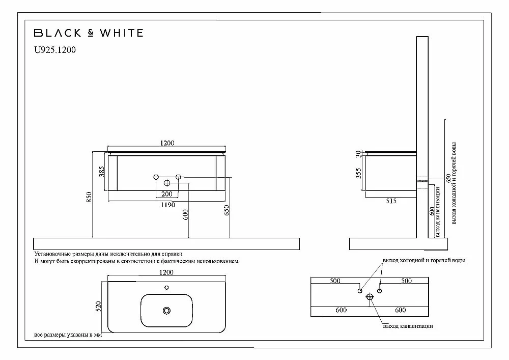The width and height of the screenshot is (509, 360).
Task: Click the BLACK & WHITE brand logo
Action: (89, 33)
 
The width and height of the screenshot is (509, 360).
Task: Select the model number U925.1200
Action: (55, 50)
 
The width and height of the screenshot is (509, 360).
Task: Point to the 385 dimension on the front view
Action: (102, 172)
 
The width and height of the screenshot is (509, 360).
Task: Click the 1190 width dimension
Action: (168, 205)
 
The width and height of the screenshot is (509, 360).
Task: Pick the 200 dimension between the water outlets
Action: (167, 194)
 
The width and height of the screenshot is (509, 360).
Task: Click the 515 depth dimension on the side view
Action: (391, 201)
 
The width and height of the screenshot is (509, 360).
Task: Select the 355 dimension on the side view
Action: (358, 173)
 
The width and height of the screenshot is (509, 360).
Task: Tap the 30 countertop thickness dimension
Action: (358, 154)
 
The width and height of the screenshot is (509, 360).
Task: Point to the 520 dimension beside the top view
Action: (98, 307)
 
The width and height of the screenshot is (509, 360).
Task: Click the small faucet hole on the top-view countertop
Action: (166, 288)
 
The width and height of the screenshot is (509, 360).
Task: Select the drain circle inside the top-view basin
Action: (166, 311)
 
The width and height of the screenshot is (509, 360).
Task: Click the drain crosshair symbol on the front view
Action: (167, 183)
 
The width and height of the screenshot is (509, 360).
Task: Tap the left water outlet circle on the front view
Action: (156, 177)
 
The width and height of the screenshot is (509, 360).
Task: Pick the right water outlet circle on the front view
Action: (178, 177)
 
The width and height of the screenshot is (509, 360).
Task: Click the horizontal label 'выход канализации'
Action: (408, 326)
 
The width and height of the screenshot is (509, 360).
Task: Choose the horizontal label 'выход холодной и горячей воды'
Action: (423, 260)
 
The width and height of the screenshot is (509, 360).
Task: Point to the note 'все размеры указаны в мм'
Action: (68, 335)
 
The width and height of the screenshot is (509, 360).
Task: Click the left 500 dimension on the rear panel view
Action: (335, 281)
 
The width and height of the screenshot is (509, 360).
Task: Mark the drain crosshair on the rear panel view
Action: (370, 297)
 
